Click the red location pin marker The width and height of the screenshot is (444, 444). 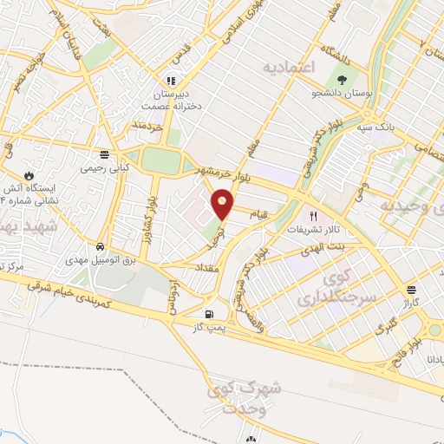(224, 205)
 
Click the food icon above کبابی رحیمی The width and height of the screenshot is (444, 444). (104, 155)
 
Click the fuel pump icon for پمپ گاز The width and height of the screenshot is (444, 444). (208, 314)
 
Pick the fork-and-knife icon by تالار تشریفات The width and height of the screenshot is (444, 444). (314, 216)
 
